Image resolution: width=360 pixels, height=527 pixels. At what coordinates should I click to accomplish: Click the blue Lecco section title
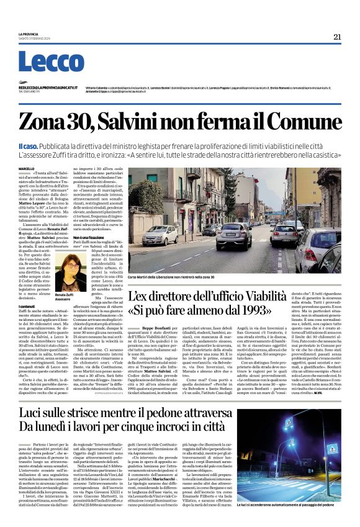point(42,62)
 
